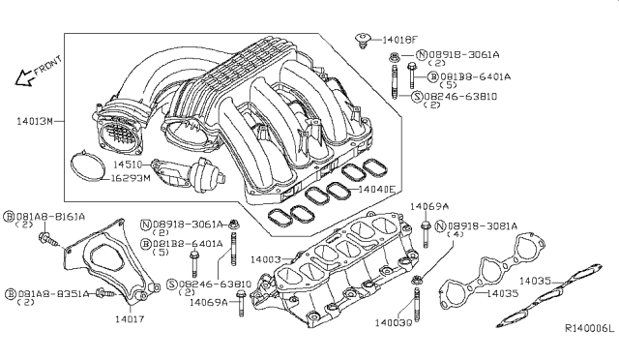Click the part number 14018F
(398, 40)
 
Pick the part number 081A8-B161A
(48, 217)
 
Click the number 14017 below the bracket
(130, 317)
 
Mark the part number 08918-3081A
(482, 225)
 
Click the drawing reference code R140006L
(589, 329)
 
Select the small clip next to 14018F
(364, 42)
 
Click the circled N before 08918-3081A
(440, 225)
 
